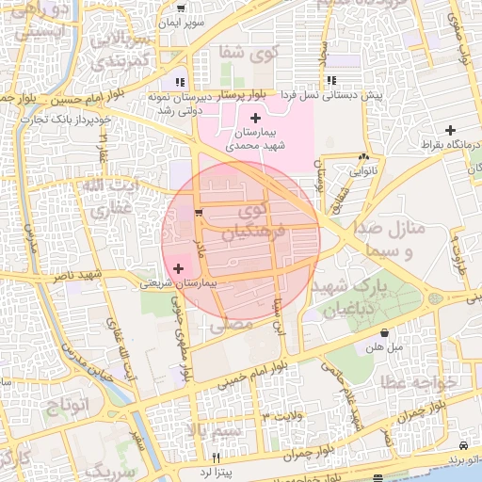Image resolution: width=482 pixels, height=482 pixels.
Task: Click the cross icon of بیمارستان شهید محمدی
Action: pyautogui.click(x=255, y=116)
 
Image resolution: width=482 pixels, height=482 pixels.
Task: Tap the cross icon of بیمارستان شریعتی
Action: pyautogui.click(x=179, y=269)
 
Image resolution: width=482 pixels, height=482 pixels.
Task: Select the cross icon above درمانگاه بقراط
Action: pyautogui.click(x=451, y=130)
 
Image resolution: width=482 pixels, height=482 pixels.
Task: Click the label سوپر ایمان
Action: pyautogui.click(x=180, y=21)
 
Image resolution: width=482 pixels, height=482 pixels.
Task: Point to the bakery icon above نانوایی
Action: pyautogui.click(x=363, y=158)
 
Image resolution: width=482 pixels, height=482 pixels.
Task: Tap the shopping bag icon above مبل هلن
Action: pyautogui.click(x=385, y=332)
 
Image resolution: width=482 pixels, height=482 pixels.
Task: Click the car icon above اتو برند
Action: pyautogui.click(x=463, y=444)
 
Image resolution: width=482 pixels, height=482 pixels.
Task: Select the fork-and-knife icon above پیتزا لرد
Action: pyautogui.click(x=217, y=456)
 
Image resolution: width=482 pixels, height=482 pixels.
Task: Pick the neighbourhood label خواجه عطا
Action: pyautogui.click(x=419, y=382)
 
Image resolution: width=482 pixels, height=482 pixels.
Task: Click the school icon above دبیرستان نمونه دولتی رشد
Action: pyautogui.click(x=180, y=82)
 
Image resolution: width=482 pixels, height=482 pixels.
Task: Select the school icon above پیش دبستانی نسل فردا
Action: pyautogui.click(x=331, y=82)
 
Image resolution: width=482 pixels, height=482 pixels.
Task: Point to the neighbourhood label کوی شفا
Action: pyautogui.click(x=244, y=52)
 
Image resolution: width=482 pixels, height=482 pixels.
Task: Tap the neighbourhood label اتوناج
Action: pyautogui.click(x=66, y=407)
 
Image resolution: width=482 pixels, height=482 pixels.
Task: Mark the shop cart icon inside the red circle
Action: pyautogui.click(x=198, y=214)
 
